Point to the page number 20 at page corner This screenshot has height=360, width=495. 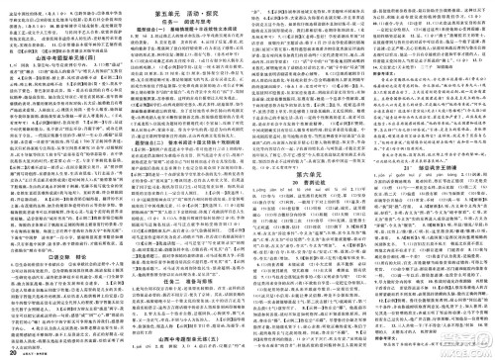(11, 351)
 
